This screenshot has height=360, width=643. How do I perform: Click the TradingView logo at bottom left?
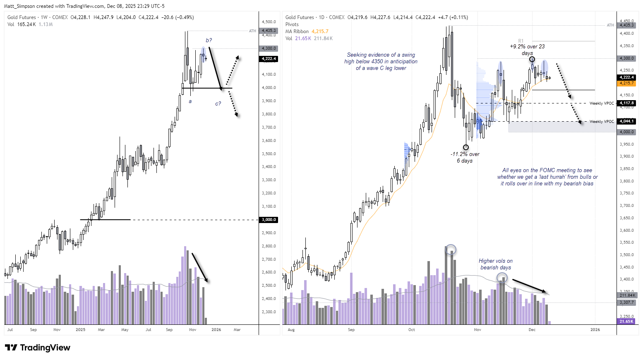pyautogui.click(x=38, y=348)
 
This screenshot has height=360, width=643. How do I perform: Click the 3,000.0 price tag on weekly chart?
pyautogui.click(x=269, y=220)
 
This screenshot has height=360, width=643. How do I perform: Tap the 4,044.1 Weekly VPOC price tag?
pyautogui.click(x=626, y=121)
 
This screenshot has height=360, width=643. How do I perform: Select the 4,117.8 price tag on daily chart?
pyautogui.click(x=626, y=103)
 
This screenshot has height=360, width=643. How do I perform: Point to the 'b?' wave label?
pyautogui.click(x=209, y=40)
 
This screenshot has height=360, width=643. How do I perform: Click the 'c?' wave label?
pyautogui.click(x=218, y=103)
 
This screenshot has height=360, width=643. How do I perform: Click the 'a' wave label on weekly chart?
pyautogui.click(x=190, y=101)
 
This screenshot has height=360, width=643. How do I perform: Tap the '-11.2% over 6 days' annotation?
pyautogui.click(x=465, y=157)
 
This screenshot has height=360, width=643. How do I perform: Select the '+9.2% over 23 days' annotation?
pyautogui.click(x=527, y=50)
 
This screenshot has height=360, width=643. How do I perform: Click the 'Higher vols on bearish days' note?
pyautogui.click(x=496, y=264)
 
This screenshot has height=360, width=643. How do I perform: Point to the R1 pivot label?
pyautogui.click(x=521, y=41)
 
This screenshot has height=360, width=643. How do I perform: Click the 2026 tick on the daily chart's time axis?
pyautogui.click(x=595, y=330)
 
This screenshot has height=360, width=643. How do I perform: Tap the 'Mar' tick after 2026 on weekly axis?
pyautogui.click(x=237, y=330)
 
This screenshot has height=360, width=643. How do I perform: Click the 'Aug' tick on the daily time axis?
pyautogui.click(x=291, y=330)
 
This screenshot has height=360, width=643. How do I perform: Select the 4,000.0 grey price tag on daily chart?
pyautogui.click(x=626, y=132)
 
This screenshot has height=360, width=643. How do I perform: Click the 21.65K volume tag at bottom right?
pyautogui.click(x=626, y=321)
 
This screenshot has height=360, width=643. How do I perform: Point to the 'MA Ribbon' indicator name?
pyautogui.click(x=297, y=31)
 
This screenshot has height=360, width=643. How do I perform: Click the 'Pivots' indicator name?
pyautogui.click(x=292, y=24)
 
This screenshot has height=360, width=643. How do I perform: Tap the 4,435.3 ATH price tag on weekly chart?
pyautogui.click(x=269, y=31)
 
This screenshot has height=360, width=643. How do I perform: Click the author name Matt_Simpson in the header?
pyautogui.click(x=19, y=6)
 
